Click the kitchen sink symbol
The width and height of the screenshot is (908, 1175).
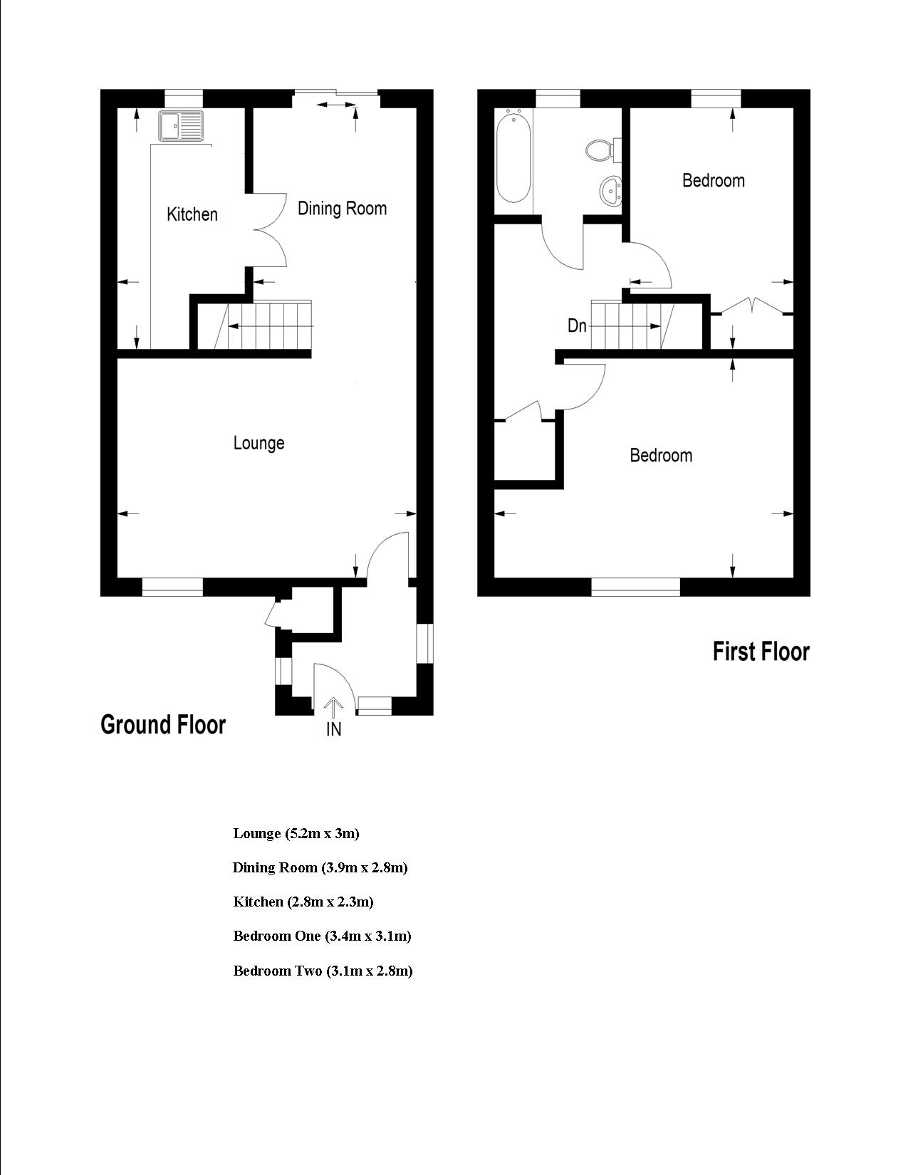(x=181, y=127)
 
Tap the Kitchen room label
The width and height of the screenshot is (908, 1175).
(x=192, y=214)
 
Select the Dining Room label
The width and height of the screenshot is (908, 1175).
(x=343, y=208)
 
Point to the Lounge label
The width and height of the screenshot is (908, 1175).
(x=259, y=443)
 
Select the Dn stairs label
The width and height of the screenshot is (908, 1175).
(x=577, y=325)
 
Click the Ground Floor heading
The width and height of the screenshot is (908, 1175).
(x=163, y=724)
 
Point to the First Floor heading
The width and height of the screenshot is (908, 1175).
(x=761, y=652)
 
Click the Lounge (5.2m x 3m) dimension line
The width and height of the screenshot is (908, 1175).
(x=296, y=833)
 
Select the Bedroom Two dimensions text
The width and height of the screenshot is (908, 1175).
(x=323, y=971)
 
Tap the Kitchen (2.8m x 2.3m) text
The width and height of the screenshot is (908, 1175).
(x=303, y=902)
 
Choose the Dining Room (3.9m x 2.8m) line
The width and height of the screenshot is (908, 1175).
(x=320, y=868)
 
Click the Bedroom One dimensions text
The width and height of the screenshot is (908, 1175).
(x=323, y=936)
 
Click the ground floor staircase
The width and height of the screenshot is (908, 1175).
(x=254, y=325)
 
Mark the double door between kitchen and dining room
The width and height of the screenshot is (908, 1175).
(x=270, y=230)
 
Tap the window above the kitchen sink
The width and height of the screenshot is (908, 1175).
(x=183, y=99)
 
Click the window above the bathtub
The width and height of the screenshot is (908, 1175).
(x=558, y=99)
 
